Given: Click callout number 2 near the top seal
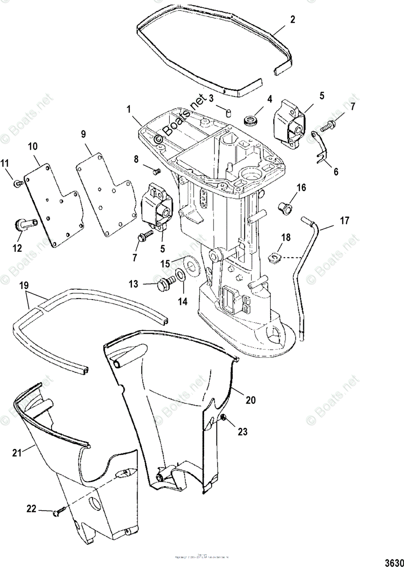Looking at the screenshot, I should (292, 19).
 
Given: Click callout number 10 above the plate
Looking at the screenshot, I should (33, 147).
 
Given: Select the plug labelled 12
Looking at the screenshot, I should (23, 223).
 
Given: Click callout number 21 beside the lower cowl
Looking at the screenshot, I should (17, 453).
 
